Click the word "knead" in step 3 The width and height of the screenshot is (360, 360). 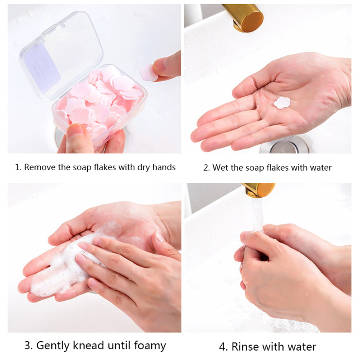pos(88,345)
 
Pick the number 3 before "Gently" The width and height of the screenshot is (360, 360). pos(28,346)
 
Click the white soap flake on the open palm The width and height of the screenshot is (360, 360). pos(282,103)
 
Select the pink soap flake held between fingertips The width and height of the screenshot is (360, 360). pos(148,73)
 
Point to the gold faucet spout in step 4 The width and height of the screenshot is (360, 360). pos(258,190)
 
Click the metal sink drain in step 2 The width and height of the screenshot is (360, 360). pos(284,146)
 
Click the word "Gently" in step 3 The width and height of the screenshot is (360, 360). pos(53,346)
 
